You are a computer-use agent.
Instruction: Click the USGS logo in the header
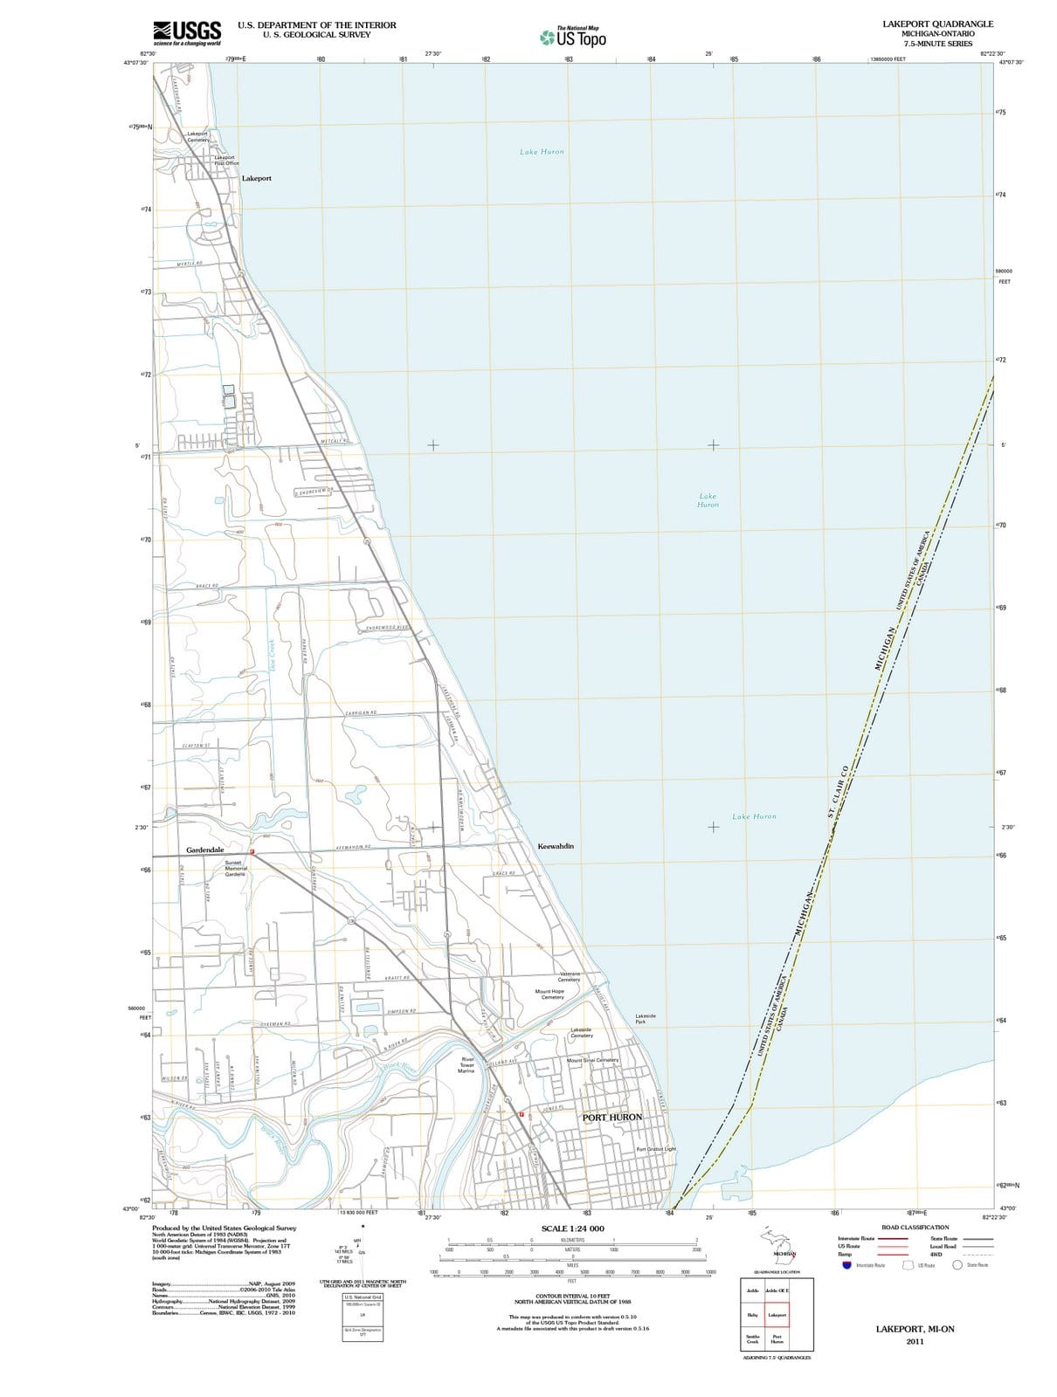[x=187, y=32]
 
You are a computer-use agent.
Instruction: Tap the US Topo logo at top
[x=573, y=38]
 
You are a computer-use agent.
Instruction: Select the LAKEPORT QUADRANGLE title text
[x=937, y=24]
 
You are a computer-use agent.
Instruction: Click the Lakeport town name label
[x=257, y=178]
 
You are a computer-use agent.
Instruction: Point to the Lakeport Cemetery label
[x=198, y=136]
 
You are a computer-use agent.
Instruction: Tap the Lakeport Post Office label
[x=225, y=160]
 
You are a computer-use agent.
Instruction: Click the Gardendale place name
[x=205, y=850]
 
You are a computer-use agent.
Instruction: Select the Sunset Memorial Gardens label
[x=236, y=868]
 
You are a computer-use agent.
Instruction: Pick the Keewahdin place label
[x=556, y=846]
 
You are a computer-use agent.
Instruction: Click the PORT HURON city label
[x=611, y=1117]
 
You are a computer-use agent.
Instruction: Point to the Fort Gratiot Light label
[x=656, y=1149]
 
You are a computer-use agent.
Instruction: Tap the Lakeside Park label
[x=646, y=1018]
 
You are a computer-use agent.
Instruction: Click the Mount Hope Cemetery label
[x=550, y=994]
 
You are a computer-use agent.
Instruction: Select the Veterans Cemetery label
[x=570, y=976]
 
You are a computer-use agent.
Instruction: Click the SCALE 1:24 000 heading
[x=572, y=1228]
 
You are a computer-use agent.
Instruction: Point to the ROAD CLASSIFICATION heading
[x=915, y=1227]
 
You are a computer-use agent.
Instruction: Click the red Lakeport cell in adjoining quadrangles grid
[x=777, y=1314]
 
